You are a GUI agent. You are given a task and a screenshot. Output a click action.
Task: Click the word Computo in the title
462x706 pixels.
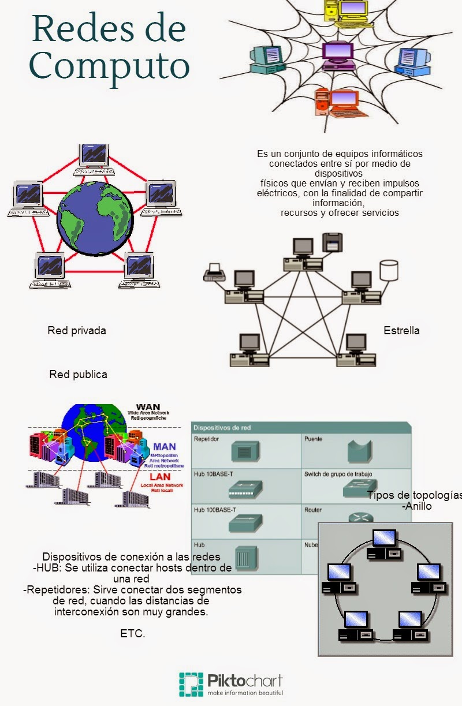(x=110, y=66)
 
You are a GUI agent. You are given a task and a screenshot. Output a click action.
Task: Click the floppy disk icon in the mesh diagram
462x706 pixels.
(x=333, y=241)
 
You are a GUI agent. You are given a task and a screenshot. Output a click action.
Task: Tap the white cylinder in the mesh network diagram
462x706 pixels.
(x=389, y=270)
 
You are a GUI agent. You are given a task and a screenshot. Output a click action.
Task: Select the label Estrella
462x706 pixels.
(x=401, y=331)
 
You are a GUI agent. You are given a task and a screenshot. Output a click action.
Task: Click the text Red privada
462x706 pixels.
(x=77, y=331)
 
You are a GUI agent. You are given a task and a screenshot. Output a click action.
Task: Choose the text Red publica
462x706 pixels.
(x=78, y=374)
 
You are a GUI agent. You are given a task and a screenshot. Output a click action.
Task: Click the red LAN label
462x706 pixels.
(x=160, y=477)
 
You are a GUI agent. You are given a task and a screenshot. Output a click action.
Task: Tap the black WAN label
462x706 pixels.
(x=148, y=407)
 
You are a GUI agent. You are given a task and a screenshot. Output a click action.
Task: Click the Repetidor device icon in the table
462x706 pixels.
(x=244, y=450)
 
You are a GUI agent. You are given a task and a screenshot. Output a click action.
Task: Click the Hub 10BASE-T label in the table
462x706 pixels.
(x=213, y=474)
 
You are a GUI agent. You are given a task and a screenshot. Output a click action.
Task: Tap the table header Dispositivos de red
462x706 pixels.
(x=222, y=428)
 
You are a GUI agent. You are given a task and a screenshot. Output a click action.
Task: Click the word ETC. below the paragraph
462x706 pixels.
(x=133, y=633)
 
